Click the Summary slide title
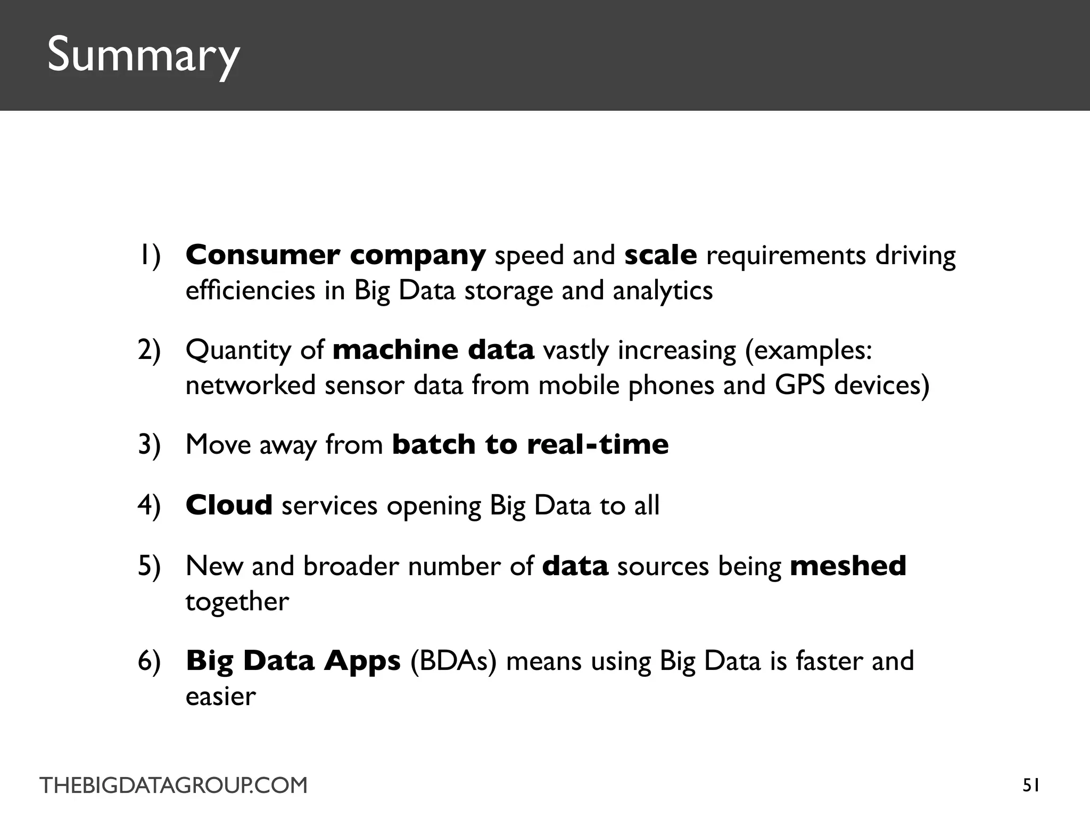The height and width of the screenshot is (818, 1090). [x=144, y=55]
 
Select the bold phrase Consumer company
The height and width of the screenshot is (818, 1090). [x=335, y=256]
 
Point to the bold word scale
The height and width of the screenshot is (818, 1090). [x=660, y=256]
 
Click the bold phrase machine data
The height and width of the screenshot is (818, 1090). [x=433, y=350]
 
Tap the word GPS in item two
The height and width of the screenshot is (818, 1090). [x=800, y=385]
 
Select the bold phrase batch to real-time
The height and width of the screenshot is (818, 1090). [x=530, y=445]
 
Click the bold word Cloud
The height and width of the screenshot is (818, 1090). [x=229, y=505]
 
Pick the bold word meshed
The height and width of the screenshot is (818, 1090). [x=848, y=566]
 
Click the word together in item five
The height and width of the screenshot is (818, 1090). [x=237, y=602]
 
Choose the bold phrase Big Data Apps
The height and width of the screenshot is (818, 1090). [x=293, y=661]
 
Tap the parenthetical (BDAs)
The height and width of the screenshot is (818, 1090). [x=453, y=661]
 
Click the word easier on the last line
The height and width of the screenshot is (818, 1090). [x=220, y=697]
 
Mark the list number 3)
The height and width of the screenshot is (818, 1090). [x=149, y=445]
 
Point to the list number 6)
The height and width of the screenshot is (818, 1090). [x=149, y=661]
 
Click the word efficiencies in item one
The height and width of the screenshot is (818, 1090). [x=250, y=291]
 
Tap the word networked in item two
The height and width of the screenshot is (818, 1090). [x=250, y=385]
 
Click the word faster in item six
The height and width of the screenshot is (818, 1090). [x=829, y=661]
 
